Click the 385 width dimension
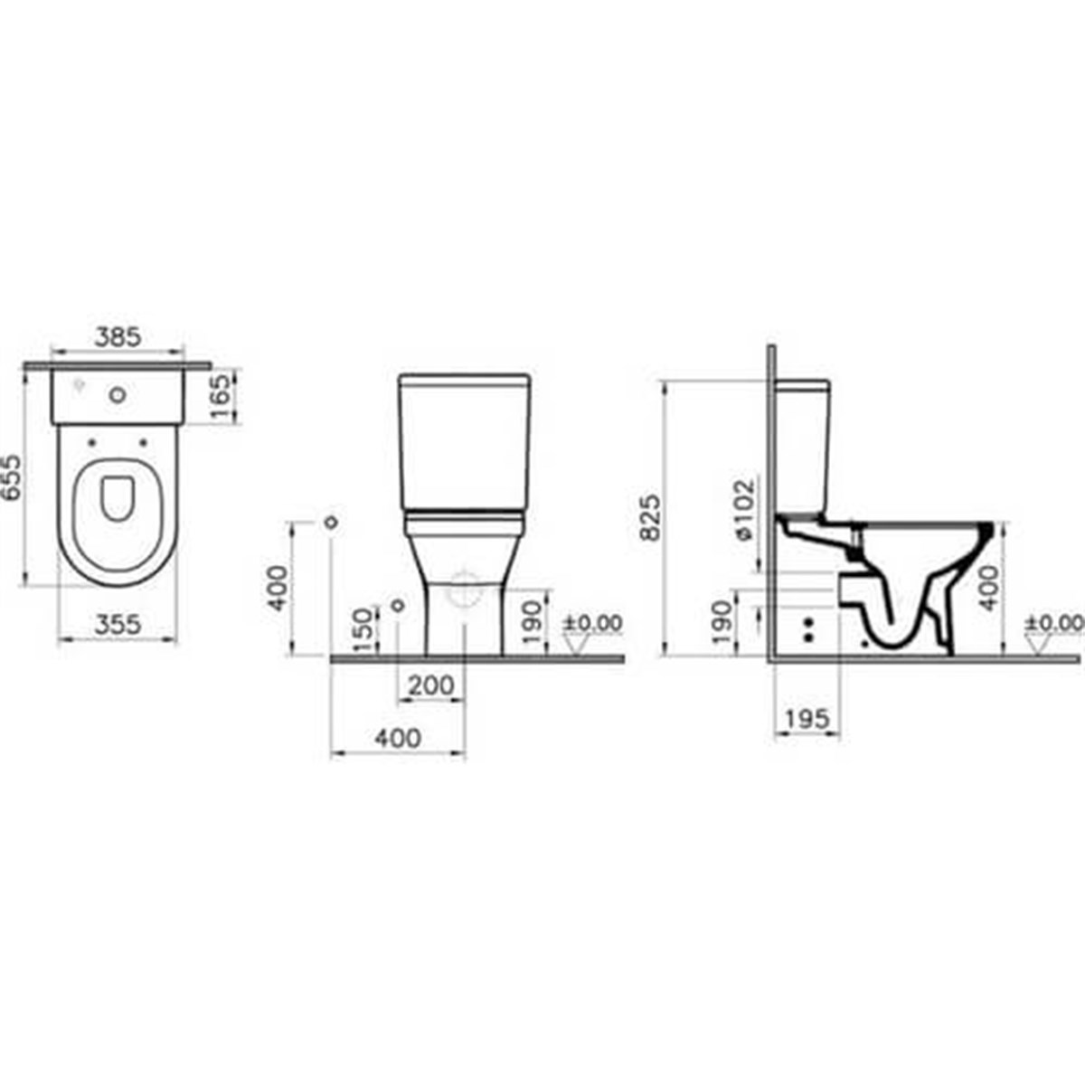(x=118, y=337)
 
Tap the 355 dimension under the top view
(x=118, y=624)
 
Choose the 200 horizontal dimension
(x=430, y=686)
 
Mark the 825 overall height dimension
(x=649, y=517)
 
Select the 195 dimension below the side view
(x=807, y=719)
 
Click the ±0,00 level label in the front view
(x=593, y=623)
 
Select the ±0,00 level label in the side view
(x=1054, y=623)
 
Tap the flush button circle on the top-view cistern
(x=117, y=394)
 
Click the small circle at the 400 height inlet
(x=331, y=522)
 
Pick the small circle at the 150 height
(x=395, y=603)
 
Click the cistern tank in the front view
(x=464, y=443)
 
